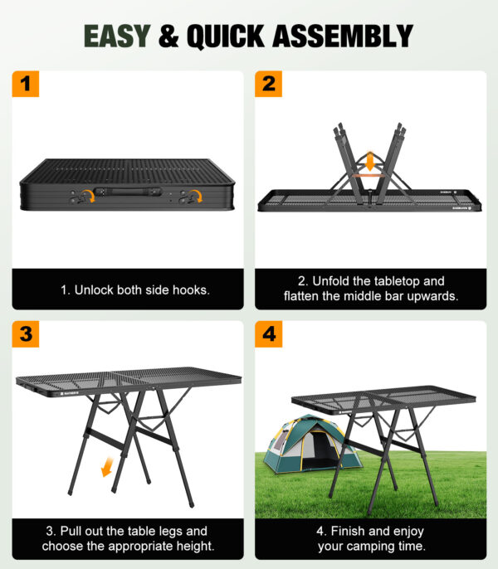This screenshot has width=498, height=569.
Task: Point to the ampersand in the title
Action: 166,36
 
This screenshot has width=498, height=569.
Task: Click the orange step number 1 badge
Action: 26,84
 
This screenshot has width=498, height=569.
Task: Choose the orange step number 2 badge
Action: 268,84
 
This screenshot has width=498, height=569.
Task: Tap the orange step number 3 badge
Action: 26,334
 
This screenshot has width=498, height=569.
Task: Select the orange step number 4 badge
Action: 268,334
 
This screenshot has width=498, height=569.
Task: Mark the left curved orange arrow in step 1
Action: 85,197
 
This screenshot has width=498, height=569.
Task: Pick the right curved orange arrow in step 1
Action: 194,197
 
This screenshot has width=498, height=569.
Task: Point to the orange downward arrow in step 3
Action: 107,469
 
